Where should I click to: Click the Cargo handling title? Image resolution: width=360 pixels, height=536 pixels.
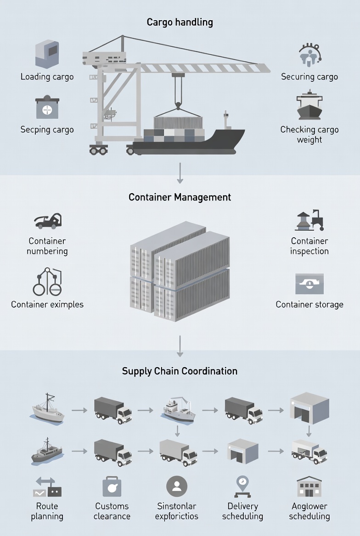(x=180, y=22)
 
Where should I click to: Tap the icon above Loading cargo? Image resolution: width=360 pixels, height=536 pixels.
(x=47, y=54)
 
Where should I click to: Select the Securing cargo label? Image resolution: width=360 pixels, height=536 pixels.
(x=309, y=77)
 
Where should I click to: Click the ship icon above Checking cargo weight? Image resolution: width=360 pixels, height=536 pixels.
(x=309, y=106)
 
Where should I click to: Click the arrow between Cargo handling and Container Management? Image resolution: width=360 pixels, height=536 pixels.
(x=180, y=174)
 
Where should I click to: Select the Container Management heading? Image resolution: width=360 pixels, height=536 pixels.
(x=180, y=197)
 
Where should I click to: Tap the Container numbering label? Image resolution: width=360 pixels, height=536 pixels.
(x=47, y=246)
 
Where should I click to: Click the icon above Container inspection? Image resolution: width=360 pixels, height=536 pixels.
(x=309, y=221)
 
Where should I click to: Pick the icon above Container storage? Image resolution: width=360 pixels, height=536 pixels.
(x=309, y=284)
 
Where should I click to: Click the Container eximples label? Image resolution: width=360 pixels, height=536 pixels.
(x=47, y=304)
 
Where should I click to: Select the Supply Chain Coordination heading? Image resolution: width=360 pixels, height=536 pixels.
(x=180, y=371)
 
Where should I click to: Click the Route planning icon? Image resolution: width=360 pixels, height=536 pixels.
(x=47, y=487)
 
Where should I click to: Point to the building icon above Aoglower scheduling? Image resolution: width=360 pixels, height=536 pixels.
(x=309, y=487)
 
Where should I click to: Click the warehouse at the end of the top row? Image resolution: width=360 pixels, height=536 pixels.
(x=309, y=407)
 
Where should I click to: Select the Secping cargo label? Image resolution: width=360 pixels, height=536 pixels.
(x=47, y=129)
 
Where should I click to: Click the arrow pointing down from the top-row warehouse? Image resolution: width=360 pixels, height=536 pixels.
(x=309, y=431)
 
